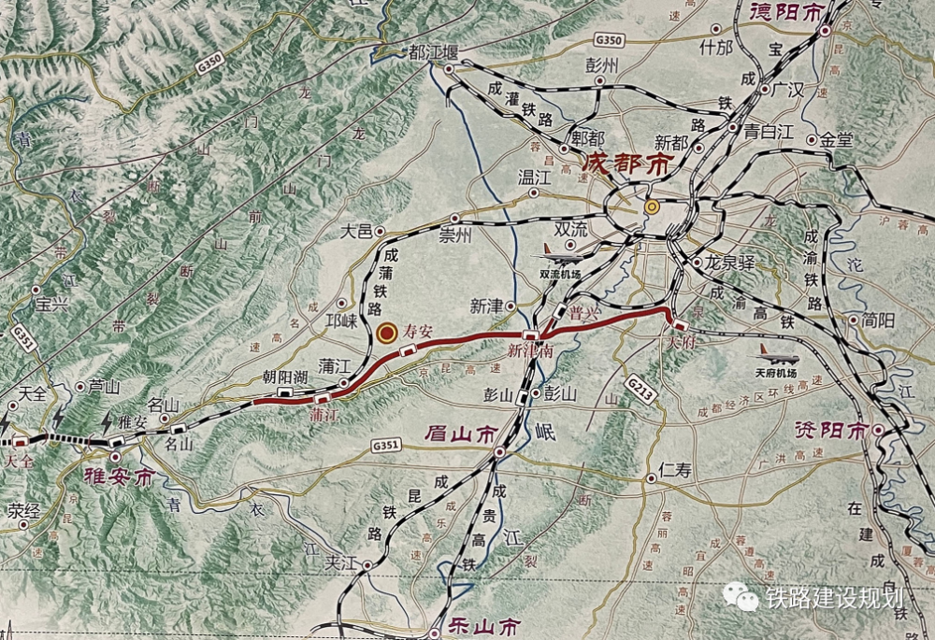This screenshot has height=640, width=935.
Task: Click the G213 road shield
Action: pyautogui.click(x=639, y=386)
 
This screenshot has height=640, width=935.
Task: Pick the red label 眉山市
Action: pyautogui.click(x=459, y=434)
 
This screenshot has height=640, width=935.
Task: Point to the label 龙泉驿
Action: pyautogui.click(x=730, y=263)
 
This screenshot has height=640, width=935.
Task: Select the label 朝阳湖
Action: pyautogui.click(x=286, y=377)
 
